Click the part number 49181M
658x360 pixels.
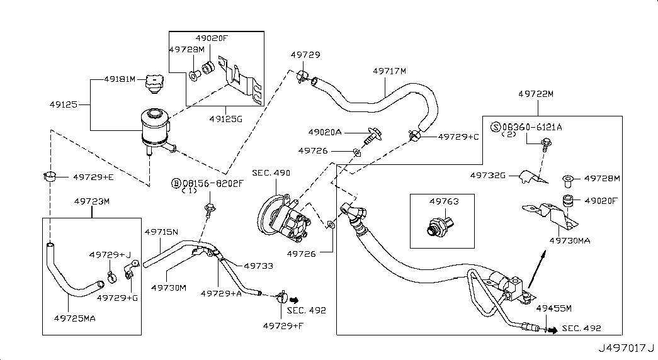pyautogui.click(x=120, y=80)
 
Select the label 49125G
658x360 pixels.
pyautogui.click(x=225, y=117)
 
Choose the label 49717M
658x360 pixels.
pyautogui.click(x=389, y=72)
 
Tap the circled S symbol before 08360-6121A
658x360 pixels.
pyautogui.click(x=495, y=128)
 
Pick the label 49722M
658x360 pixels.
pyautogui.click(x=536, y=94)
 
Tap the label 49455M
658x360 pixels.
pyautogui.click(x=554, y=308)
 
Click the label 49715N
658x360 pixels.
pyautogui.click(x=161, y=232)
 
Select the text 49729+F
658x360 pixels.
pyautogui.click(x=282, y=325)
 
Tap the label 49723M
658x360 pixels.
pyautogui.click(x=92, y=201)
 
